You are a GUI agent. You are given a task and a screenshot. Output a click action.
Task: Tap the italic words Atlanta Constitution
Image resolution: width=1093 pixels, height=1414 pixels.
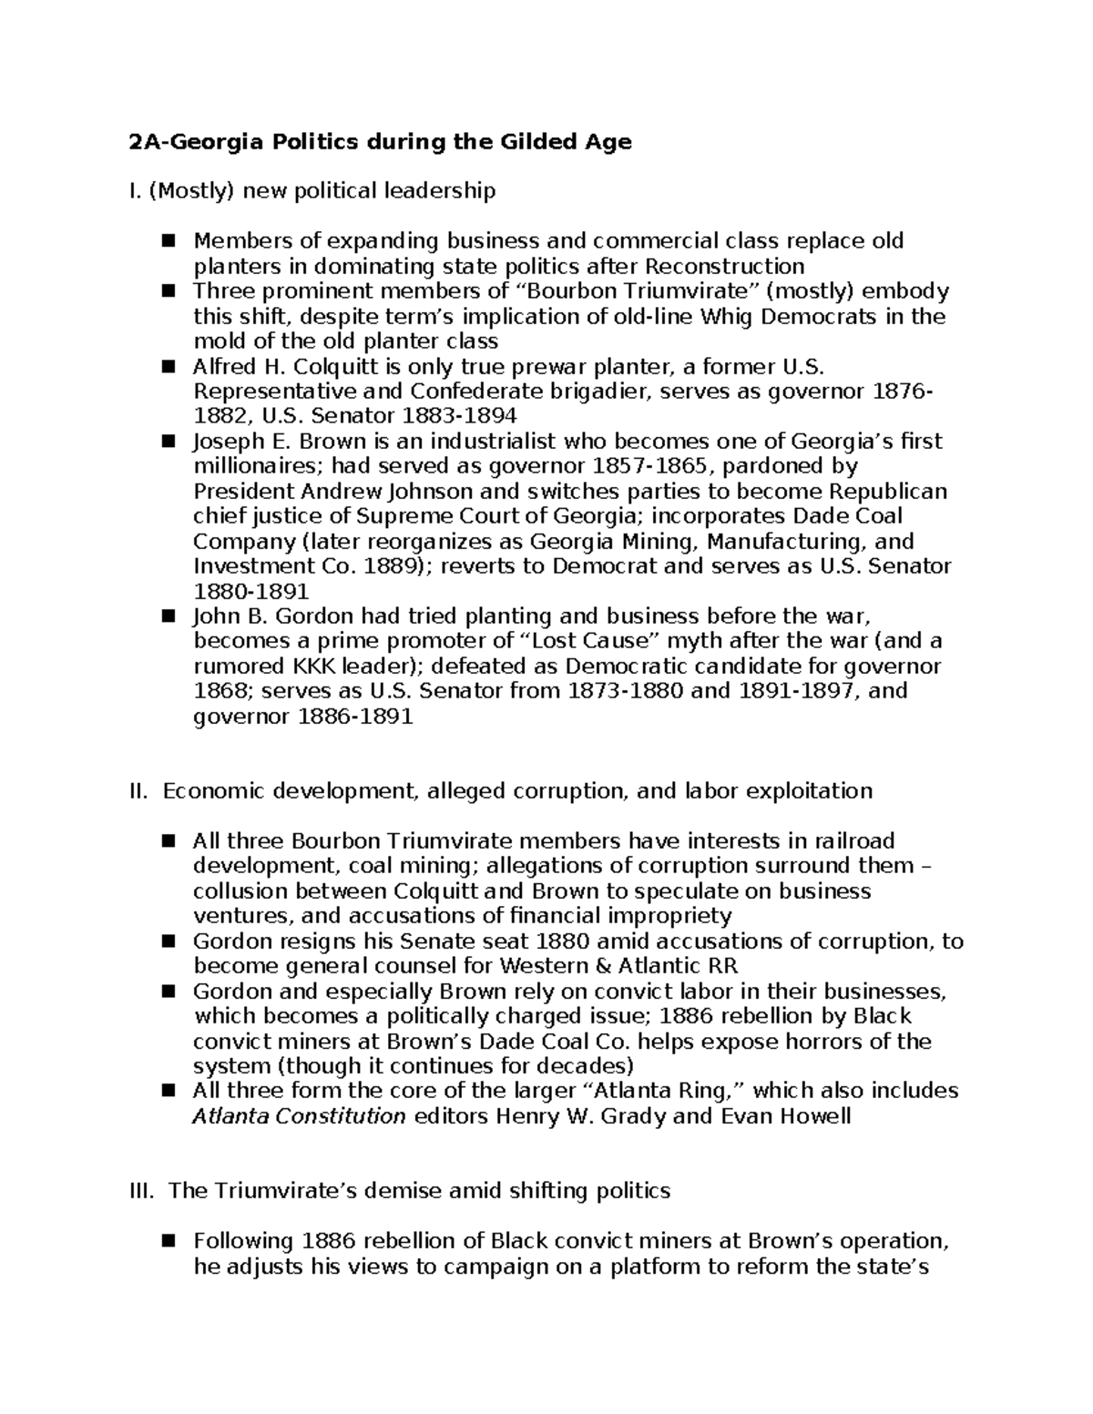(299, 1116)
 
